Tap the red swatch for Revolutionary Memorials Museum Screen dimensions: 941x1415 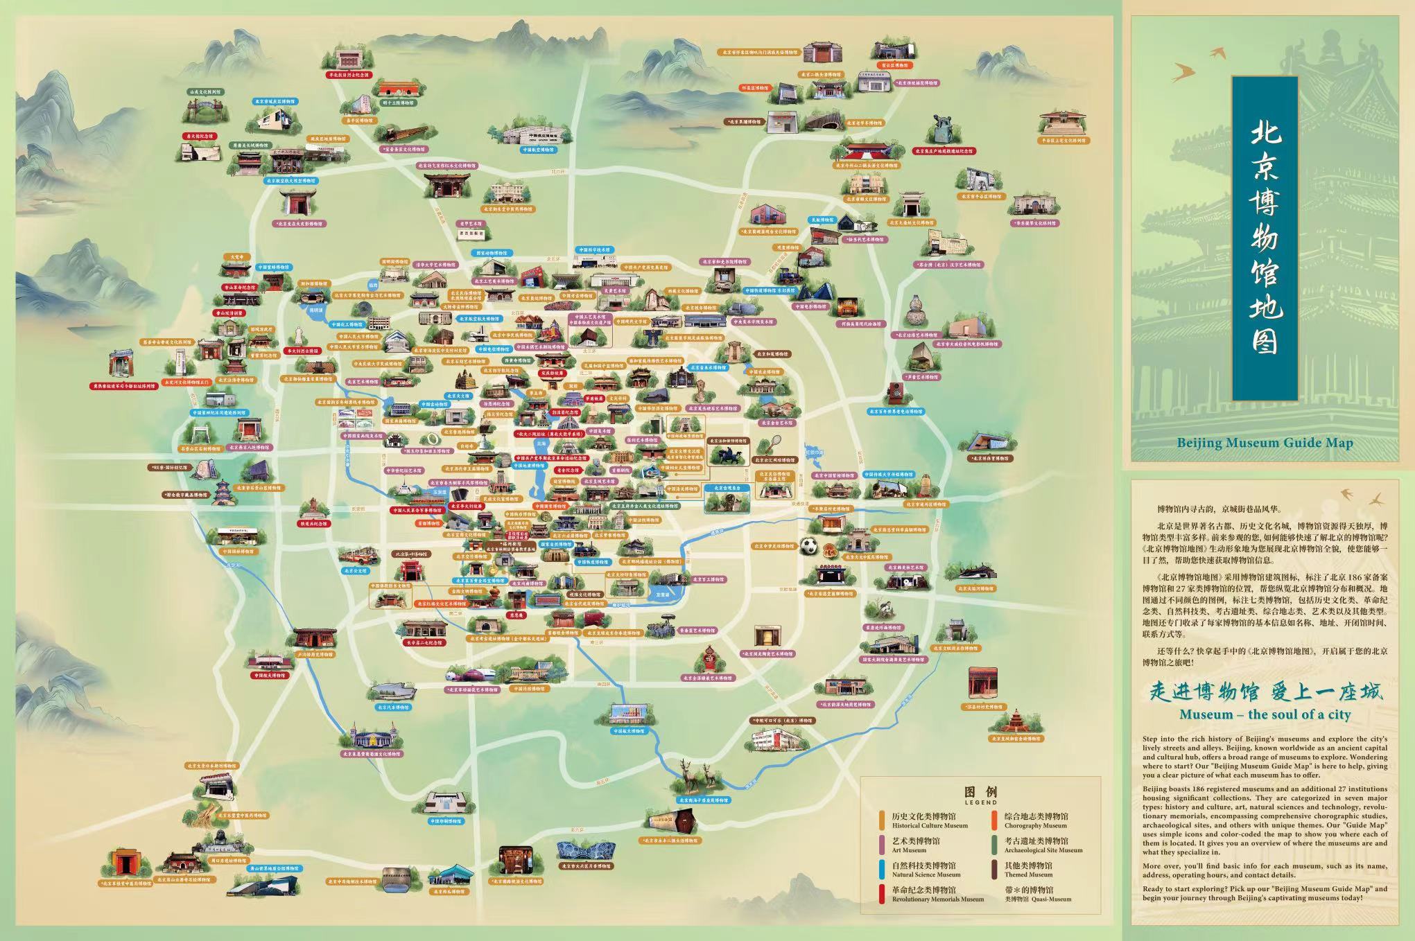pos(881,895)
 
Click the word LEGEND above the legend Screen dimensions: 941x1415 pos(980,802)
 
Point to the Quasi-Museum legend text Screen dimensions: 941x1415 pos(1038,899)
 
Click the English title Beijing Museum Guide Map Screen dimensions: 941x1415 pos(1265,442)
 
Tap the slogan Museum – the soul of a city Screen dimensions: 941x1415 pos(1265,714)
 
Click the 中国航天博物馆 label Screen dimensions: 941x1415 pos(628,731)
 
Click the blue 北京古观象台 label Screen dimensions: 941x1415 pos(727,488)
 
